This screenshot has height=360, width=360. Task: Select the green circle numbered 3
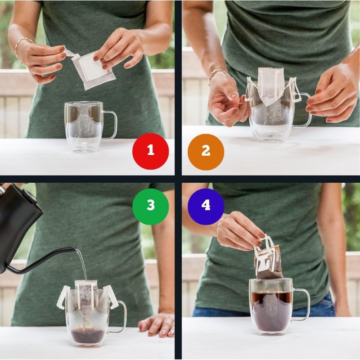[150, 206]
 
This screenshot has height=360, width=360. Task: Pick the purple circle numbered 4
[206, 206]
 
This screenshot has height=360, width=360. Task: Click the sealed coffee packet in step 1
[93, 70]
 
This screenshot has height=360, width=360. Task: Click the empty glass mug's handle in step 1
[111, 125]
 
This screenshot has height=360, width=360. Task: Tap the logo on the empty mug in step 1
[89, 126]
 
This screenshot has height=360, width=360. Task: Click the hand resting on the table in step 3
[157, 324]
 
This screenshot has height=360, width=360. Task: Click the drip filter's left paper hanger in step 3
[63, 297]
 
